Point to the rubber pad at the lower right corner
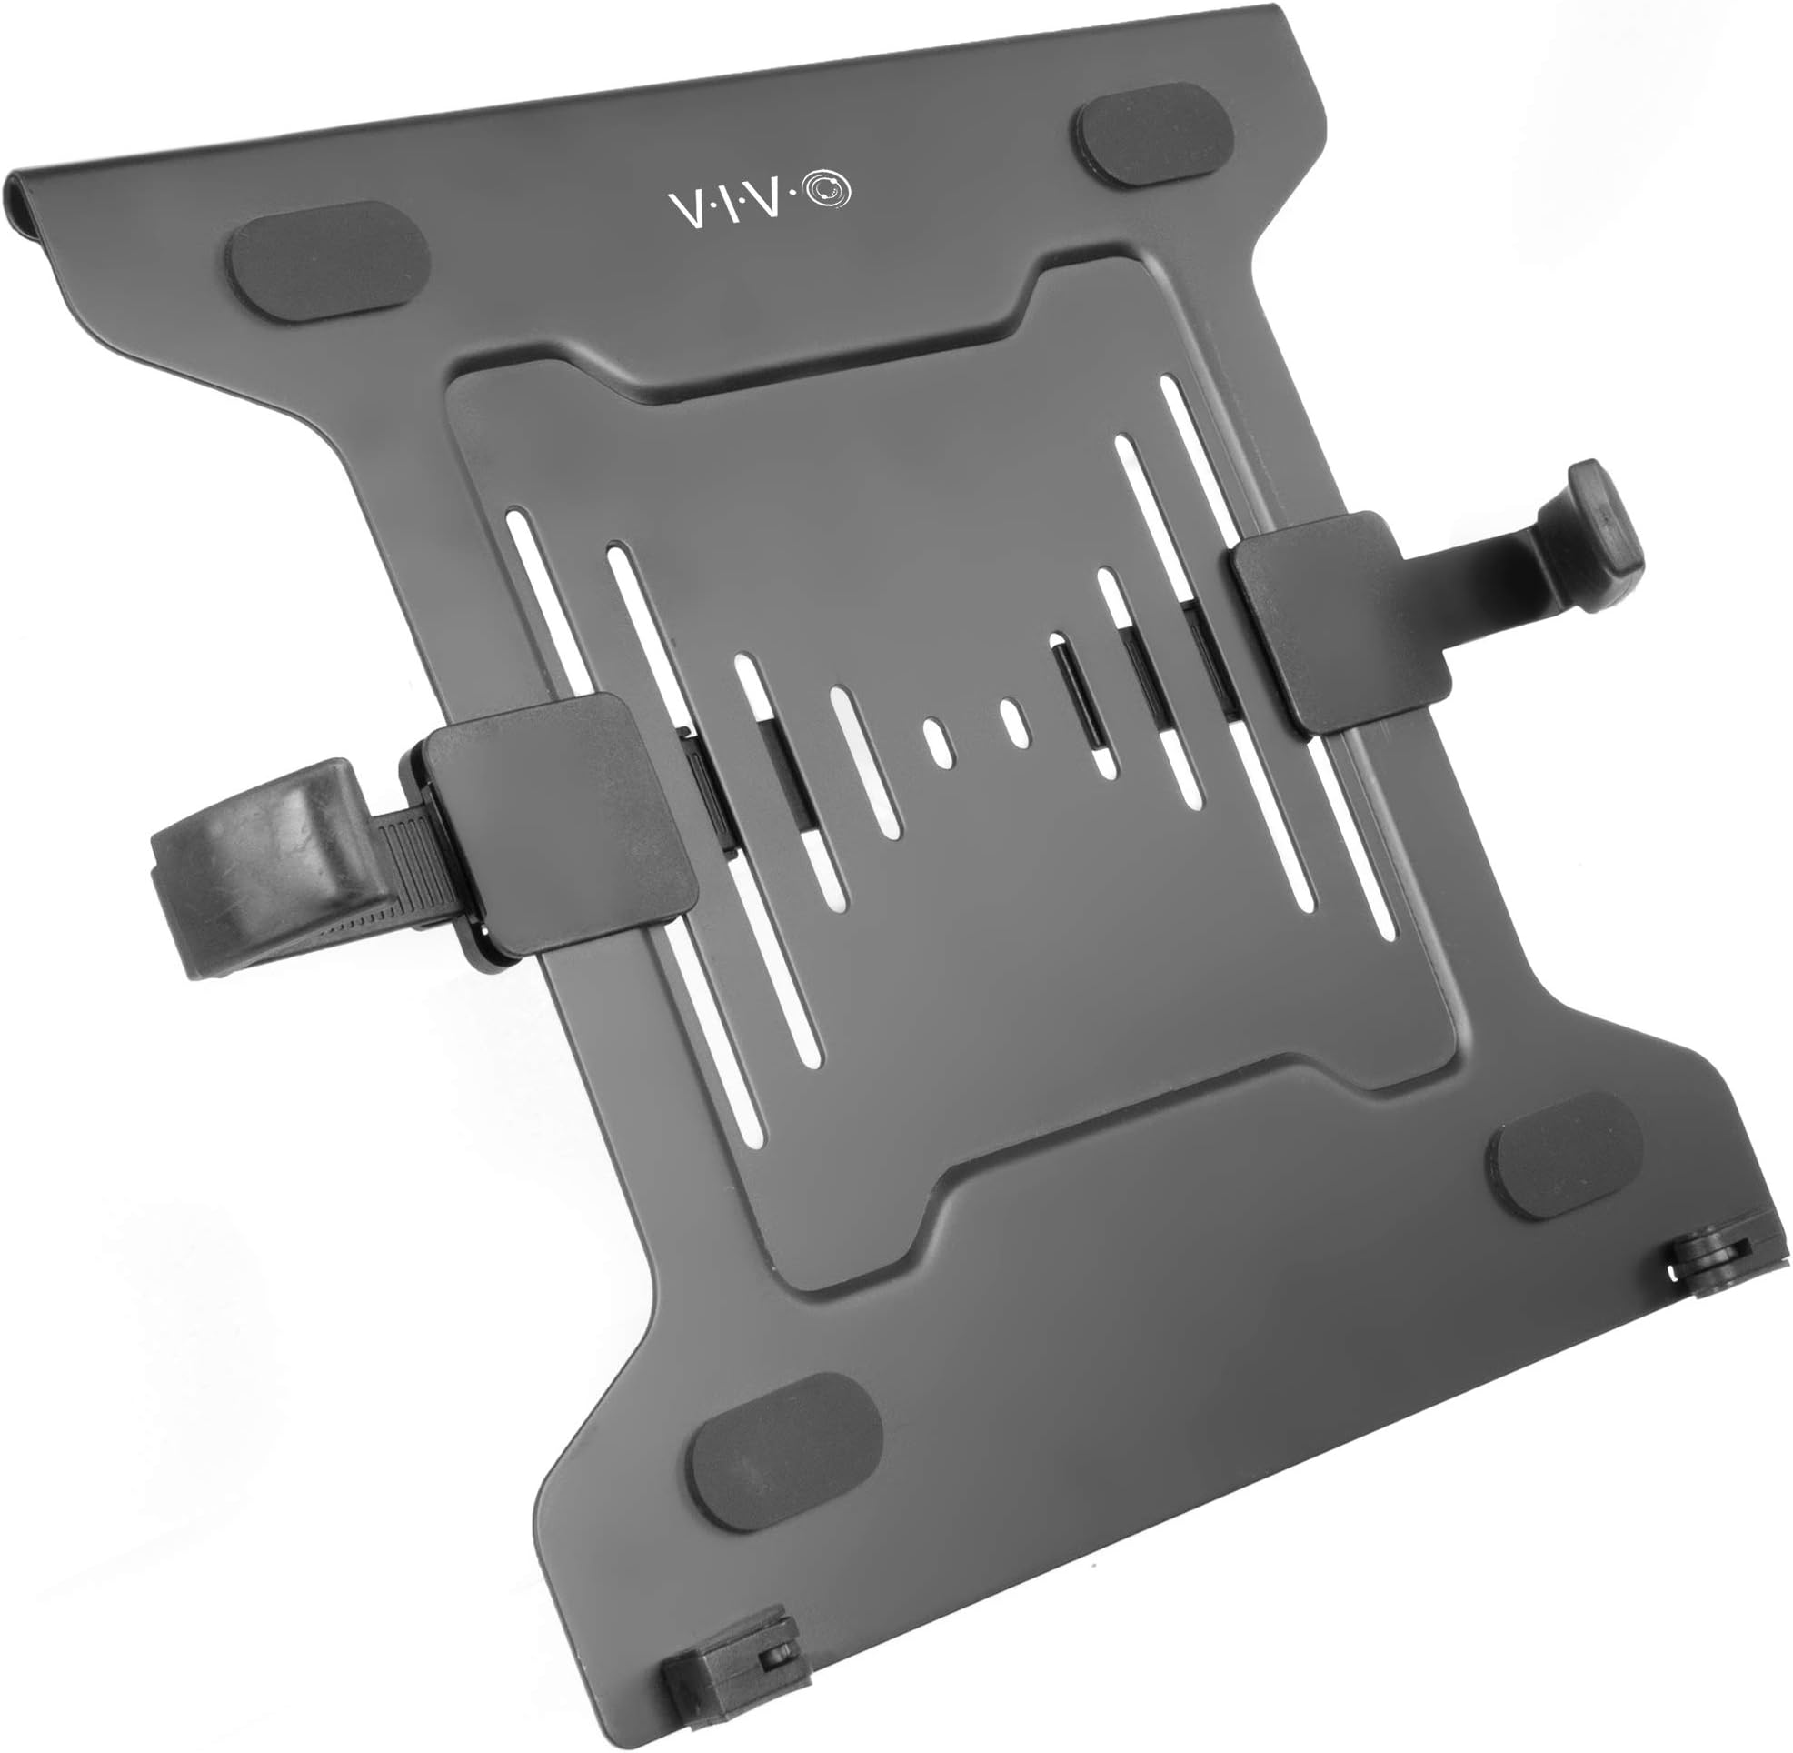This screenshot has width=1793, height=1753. click(x=1566, y=1156)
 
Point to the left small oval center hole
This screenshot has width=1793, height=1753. click(x=938, y=743)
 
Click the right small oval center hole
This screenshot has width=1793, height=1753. click(x=1013, y=724)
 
